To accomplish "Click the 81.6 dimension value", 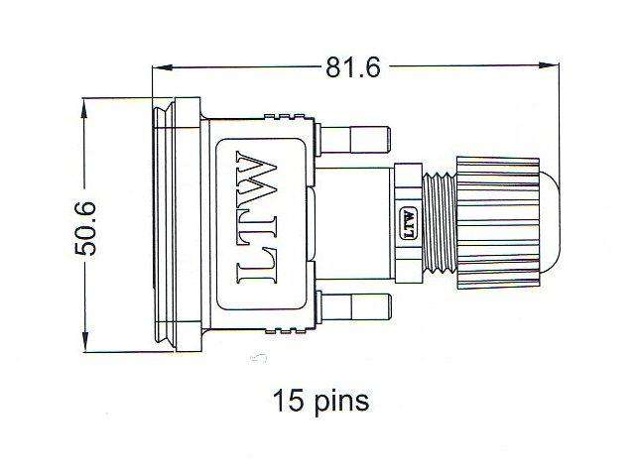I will tap(354, 67).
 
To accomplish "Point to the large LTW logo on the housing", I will tap(260, 225).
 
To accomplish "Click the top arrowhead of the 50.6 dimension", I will tap(86, 103).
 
